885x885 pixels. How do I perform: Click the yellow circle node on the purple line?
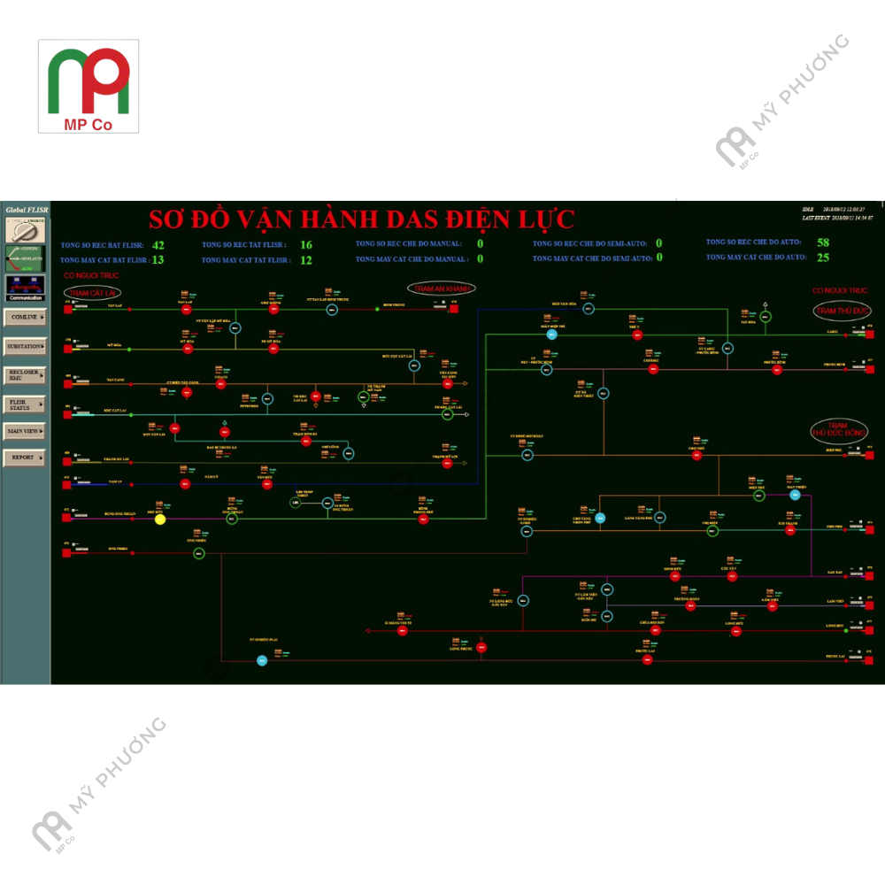click(x=160, y=519)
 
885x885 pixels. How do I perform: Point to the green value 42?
click(x=158, y=245)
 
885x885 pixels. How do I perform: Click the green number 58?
click(x=823, y=242)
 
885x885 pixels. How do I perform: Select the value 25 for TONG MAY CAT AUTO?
click(x=823, y=258)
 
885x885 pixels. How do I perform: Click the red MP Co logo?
click(x=88, y=86)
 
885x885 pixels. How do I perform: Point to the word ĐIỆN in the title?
click(x=459, y=219)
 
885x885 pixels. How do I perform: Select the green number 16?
click(x=306, y=245)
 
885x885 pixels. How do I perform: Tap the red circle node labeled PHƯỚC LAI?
click(x=647, y=659)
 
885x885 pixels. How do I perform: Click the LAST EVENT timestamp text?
click(x=837, y=218)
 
